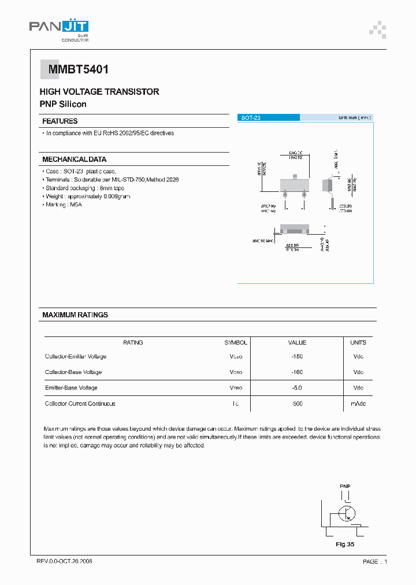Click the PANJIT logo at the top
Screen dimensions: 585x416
click(x=58, y=29)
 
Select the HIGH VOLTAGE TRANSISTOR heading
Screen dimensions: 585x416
click(x=99, y=92)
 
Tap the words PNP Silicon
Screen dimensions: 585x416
click(x=63, y=104)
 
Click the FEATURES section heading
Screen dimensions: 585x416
click(x=60, y=121)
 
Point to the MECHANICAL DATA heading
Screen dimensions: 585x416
click(x=74, y=160)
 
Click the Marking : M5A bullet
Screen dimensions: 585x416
click(x=64, y=205)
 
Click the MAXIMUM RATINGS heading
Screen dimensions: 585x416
click(x=75, y=315)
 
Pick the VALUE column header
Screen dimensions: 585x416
click(x=297, y=343)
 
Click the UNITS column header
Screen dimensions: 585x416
click(x=358, y=343)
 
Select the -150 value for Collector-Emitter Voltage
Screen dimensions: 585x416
click(x=297, y=357)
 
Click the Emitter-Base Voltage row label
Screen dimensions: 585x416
click(x=71, y=388)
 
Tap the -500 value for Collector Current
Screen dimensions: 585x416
click(x=297, y=403)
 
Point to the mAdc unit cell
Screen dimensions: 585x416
click(x=359, y=403)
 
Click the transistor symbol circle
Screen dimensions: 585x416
click(x=347, y=513)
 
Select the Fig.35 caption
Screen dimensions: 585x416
click(x=345, y=545)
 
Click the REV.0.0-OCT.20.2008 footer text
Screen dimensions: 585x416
click(x=64, y=561)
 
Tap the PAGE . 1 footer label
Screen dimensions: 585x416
click(x=375, y=561)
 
